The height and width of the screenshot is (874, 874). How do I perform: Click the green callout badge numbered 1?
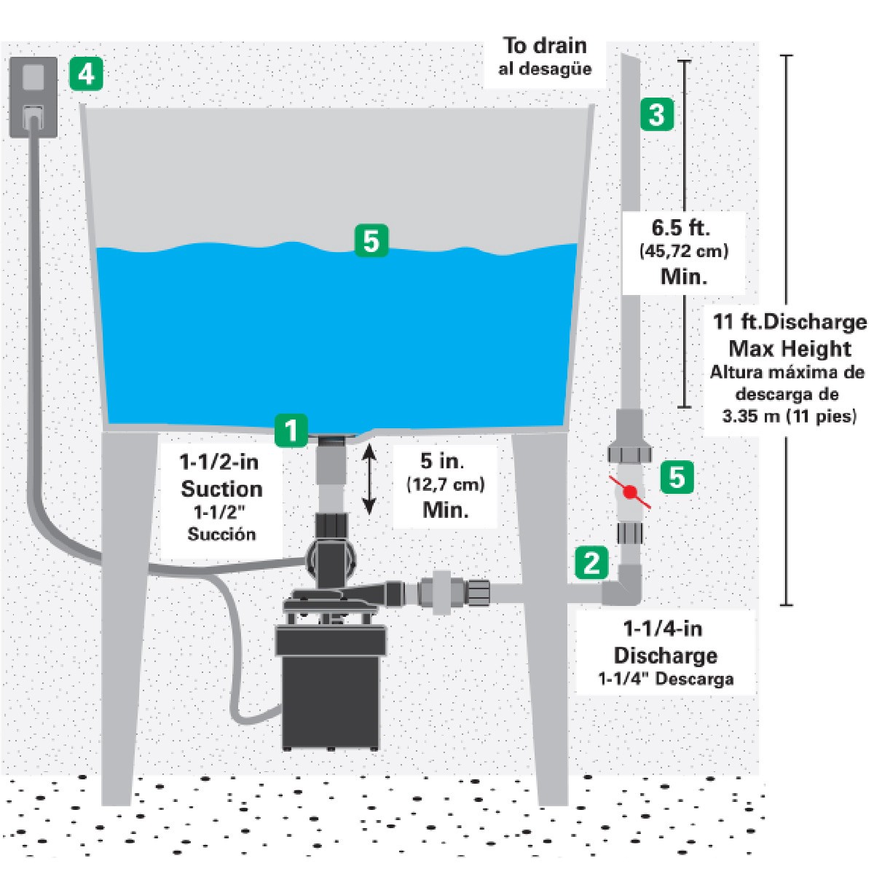[291, 430]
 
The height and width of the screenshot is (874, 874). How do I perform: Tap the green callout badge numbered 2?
[591, 562]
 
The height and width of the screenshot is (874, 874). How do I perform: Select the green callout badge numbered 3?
[657, 114]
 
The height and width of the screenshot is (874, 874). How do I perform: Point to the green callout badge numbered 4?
[86, 74]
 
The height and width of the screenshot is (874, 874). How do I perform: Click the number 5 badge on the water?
[371, 241]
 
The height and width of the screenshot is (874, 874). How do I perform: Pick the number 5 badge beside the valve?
[677, 477]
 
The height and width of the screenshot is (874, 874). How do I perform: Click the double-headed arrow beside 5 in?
[369, 481]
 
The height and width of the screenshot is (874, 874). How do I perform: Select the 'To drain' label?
[545, 45]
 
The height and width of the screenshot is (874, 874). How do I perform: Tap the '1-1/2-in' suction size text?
[219, 462]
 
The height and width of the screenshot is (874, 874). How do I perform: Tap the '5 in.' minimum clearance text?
[444, 461]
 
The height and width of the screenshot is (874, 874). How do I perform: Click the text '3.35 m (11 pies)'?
[790, 417]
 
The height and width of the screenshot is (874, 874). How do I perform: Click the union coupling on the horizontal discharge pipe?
[441, 594]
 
